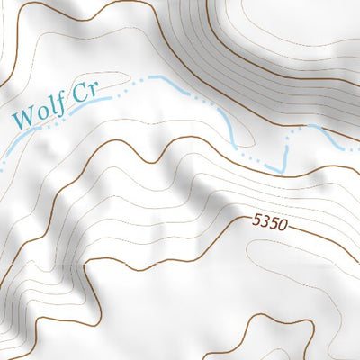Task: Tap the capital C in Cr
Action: click(x=85, y=94)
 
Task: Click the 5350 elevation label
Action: click(x=270, y=222)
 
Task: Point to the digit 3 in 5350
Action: click(x=266, y=221)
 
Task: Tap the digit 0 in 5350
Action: click(x=283, y=226)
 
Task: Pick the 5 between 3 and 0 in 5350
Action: click(x=274, y=223)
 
